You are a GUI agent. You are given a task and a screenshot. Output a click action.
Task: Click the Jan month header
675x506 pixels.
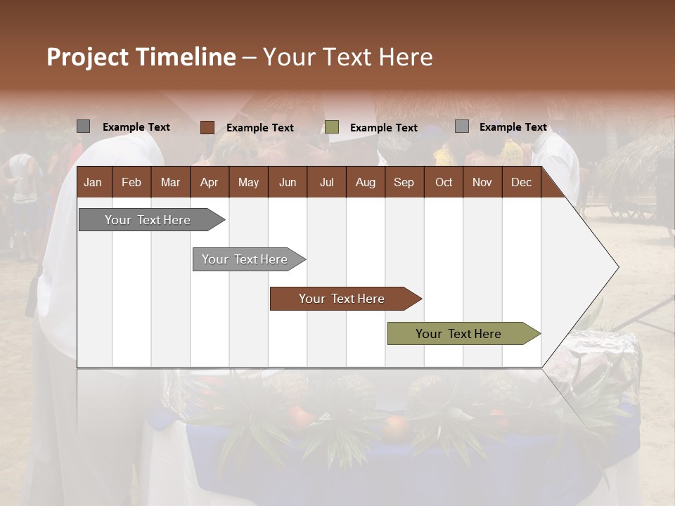[94, 183]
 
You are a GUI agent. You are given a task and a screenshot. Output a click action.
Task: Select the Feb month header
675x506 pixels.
[131, 183]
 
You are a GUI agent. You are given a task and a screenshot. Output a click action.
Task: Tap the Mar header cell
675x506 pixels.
[170, 183]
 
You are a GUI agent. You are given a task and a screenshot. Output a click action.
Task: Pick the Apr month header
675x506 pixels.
[210, 183]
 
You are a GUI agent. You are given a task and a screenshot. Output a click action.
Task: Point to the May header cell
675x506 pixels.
[248, 183]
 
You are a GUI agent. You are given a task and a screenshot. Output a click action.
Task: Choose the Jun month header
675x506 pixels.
[288, 183]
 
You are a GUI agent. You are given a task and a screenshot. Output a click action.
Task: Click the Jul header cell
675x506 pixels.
[326, 183]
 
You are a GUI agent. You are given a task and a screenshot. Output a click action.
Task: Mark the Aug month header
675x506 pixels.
[366, 183]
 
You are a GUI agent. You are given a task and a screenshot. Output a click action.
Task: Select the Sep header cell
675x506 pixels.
[404, 183]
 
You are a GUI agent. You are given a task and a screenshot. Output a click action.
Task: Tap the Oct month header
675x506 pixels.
[444, 183]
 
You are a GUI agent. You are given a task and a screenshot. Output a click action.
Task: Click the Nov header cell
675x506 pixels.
[482, 183]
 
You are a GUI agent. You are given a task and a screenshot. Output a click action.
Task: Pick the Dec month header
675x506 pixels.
[522, 183]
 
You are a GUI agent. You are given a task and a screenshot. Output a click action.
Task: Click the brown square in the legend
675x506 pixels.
[207, 127]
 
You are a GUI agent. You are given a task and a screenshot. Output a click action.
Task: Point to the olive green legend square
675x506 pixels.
[332, 127]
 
